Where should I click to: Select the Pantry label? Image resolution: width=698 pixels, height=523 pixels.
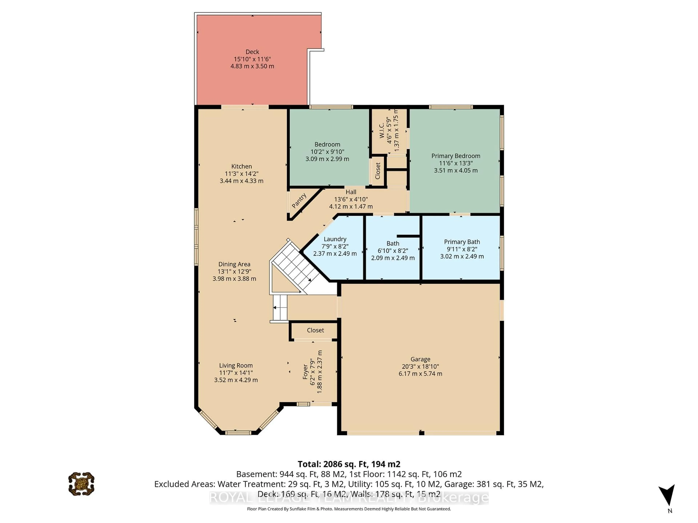coord(299,201)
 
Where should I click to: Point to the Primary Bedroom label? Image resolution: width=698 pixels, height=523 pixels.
coord(456,156)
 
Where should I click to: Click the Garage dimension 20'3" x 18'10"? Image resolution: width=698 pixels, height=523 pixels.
coord(420,366)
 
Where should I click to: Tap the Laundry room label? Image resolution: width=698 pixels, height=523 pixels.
coord(335,239)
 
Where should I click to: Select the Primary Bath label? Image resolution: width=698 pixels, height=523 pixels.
coord(462,242)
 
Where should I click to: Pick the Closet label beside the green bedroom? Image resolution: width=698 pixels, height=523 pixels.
coord(378,171)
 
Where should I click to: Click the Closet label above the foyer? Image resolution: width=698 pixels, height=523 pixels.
coord(315,330)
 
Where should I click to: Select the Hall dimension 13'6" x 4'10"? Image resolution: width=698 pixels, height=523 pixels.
coord(351,199)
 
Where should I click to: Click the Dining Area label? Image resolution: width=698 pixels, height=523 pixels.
coord(234,264)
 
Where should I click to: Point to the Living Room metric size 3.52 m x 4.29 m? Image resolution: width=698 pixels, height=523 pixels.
coord(236,380)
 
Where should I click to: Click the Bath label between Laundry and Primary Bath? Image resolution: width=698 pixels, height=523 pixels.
coord(393,243)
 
